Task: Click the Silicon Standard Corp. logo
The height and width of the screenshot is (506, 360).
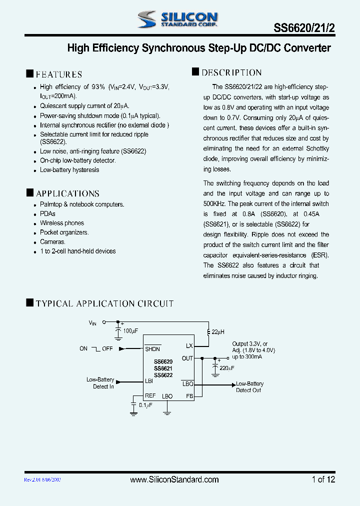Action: click(x=177, y=19)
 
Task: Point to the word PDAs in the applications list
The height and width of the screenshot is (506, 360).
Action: click(x=47, y=213)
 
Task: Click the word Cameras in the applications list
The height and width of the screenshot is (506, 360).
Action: click(x=52, y=242)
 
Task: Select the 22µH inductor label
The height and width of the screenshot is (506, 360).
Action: click(x=218, y=332)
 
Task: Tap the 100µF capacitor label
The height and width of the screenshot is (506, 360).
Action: click(x=130, y=331)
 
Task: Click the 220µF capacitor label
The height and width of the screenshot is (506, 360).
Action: click(x=226, y=368)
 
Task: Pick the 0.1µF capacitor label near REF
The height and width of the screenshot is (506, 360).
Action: click(x=145, y=405)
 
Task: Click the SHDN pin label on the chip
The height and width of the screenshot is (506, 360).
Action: click(x=152, y=349)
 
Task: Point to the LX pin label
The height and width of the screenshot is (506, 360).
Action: click(x=189, y=346)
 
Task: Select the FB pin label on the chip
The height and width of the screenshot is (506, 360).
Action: click(x=189, y=396)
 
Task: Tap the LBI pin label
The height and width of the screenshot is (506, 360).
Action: click(x=149, y=381)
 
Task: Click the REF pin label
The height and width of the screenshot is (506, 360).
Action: click(x=150, y=396)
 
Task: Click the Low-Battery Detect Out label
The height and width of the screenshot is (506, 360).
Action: click(x=249, y=387)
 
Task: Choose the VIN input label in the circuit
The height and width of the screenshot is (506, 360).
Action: click(x=92, y=323)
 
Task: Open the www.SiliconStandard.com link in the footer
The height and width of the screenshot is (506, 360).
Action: click(x=174, y=479)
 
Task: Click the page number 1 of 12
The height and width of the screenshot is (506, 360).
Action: click(x=323, y=479)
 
